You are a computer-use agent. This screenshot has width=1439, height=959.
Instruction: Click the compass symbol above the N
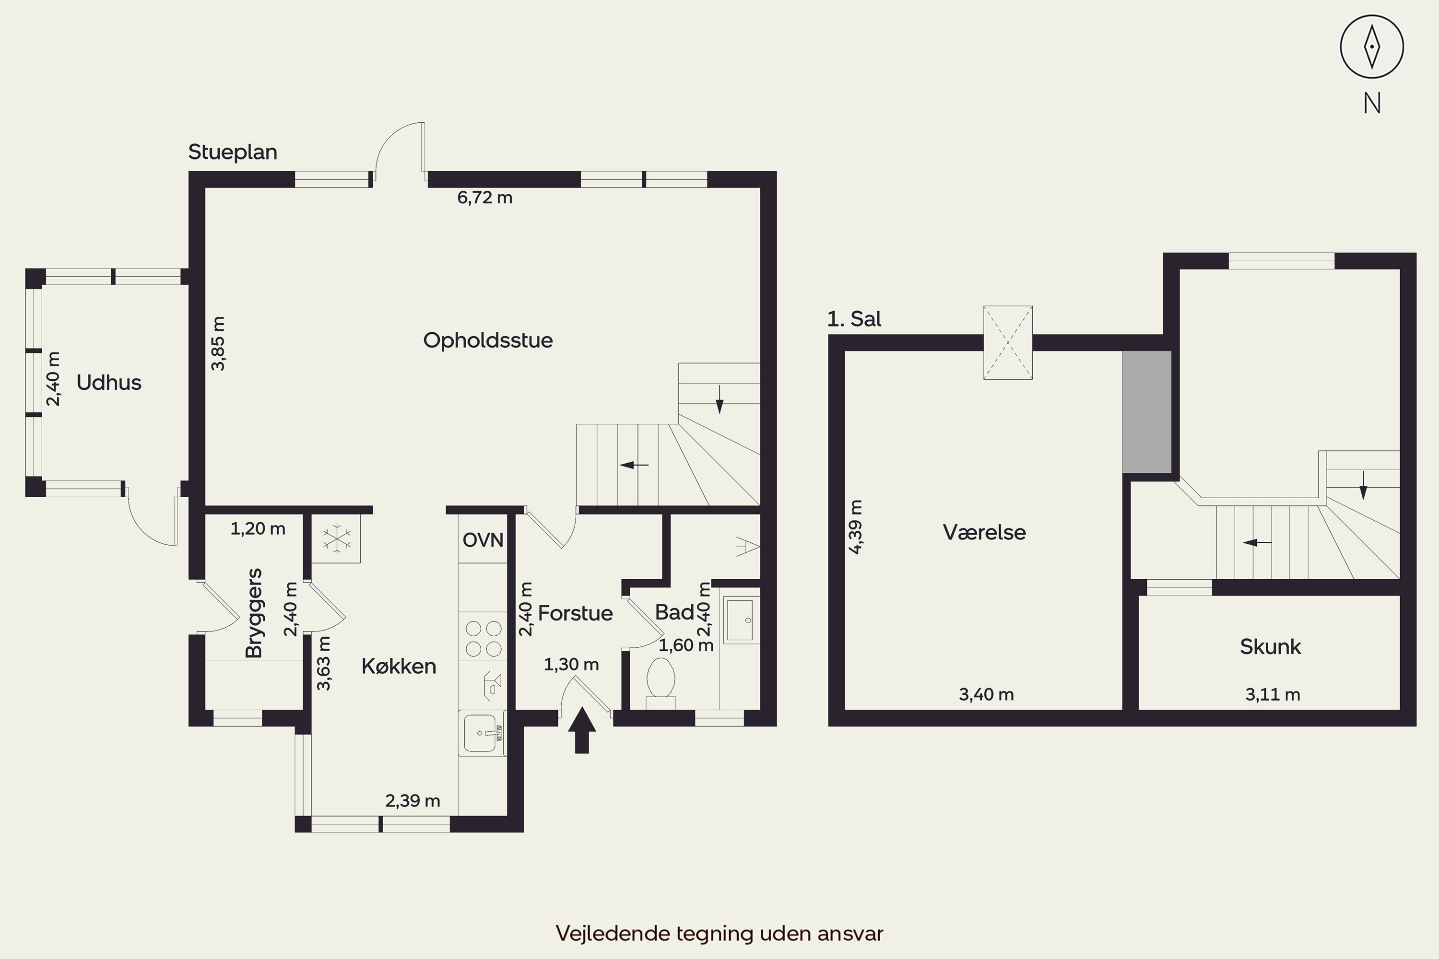click(x=1372, y=47)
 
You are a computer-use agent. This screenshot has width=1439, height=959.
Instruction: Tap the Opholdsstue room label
click(x=488, y=340)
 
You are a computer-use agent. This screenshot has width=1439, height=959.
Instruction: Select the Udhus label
click(x=109, y=383)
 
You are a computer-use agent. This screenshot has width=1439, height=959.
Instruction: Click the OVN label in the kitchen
click(x=483, y=540)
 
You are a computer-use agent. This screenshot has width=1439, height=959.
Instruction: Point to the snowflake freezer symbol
click(x=337, y=539)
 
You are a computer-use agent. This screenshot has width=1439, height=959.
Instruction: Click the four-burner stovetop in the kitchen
click(x=484, y=639)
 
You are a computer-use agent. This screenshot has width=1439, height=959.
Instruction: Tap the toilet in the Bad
click(x=661, y=682)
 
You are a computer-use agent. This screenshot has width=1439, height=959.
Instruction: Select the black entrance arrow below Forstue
click(x=582, y=730)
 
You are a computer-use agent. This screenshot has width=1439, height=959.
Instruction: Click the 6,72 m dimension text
click(x=484, y=198)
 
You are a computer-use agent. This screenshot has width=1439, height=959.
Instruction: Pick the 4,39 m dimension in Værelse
click(x=855, y=526)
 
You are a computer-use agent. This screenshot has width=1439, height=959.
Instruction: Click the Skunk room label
click(x=1270, y=646)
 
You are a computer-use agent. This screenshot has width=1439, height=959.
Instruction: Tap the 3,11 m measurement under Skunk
click(x=1273, y=694)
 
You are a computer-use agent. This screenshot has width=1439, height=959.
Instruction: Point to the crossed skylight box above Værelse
click(x=1008, y=342)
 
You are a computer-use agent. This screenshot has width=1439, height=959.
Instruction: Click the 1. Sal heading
click(x=854, y=319)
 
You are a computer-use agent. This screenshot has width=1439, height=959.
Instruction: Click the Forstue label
click(x=575, y=613)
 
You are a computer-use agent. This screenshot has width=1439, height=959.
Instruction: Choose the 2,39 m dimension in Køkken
click(x=413, y=801)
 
